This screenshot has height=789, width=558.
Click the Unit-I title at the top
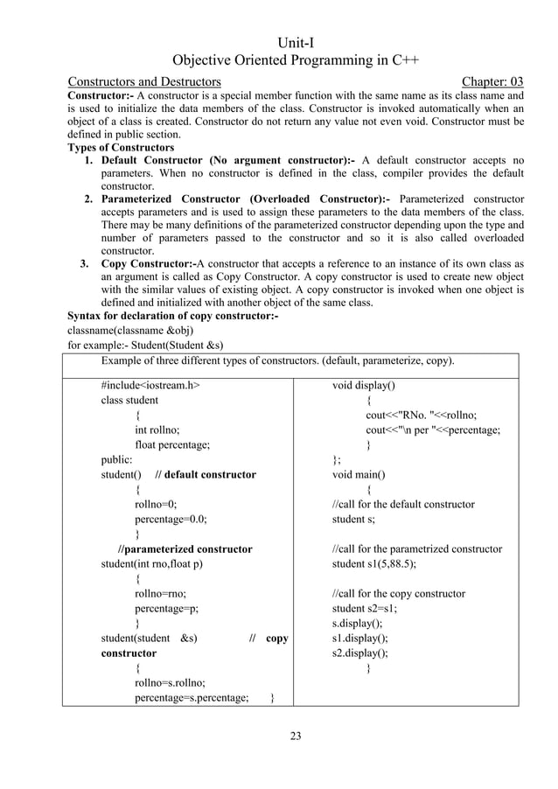pos(296,43)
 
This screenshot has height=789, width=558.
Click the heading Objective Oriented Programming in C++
pos(296,61)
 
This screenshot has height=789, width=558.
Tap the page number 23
pos(296,736)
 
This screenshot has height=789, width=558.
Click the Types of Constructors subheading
pos(121,148)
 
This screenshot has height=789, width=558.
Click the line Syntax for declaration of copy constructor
pos(172,316)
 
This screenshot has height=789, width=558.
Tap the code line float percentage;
pos(171,444)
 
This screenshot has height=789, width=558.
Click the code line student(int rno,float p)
pos(151,563)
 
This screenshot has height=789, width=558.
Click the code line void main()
pos(359,474)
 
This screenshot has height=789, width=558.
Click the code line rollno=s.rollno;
pos(170,682)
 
